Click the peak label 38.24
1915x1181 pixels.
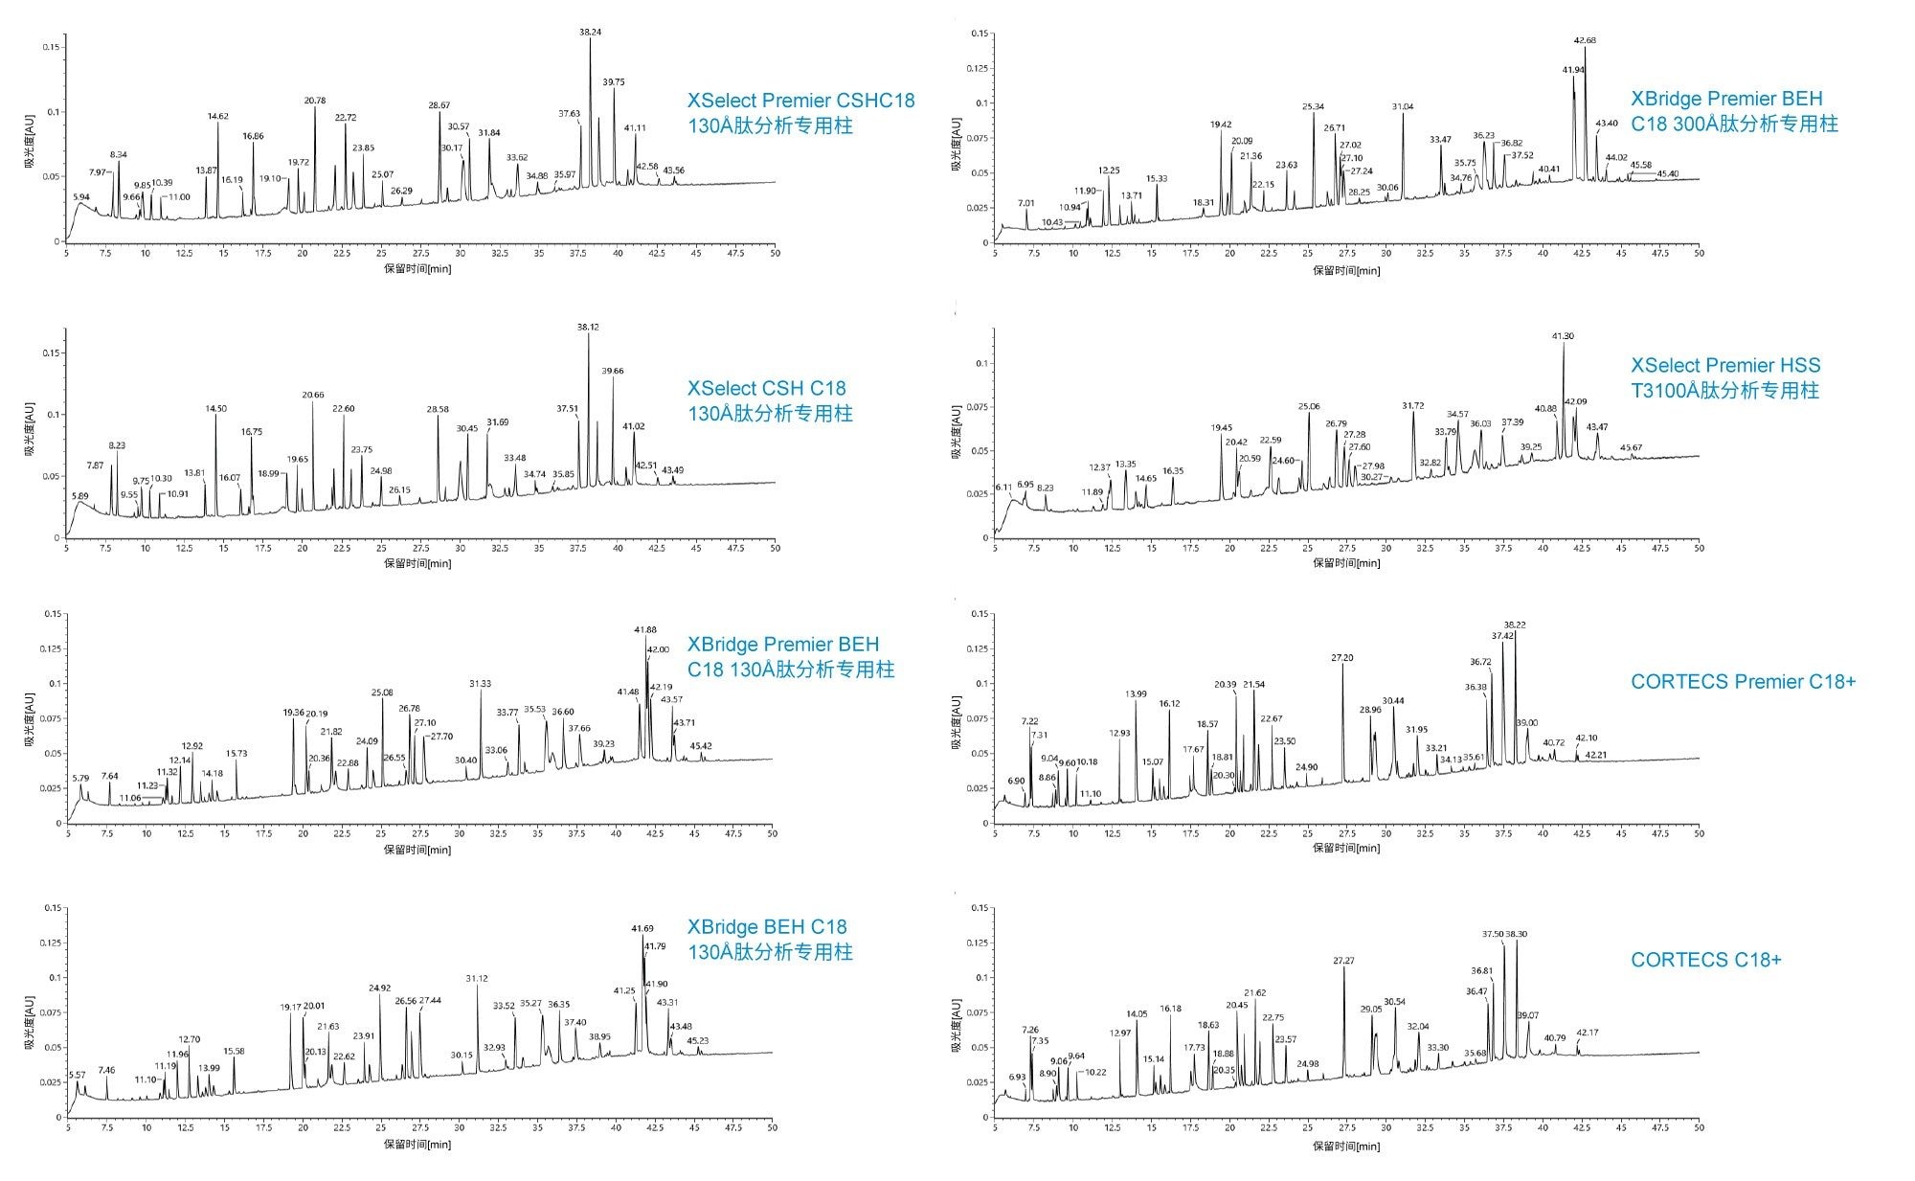(x=590, y=33)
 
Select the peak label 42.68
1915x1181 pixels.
(x=1585, y=40)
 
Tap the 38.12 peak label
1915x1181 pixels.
(x=588, y=327)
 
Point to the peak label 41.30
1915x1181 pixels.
(x=1562, y=336)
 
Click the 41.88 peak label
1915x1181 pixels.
(x=645, y=629)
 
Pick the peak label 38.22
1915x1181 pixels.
(x=1514, y=625)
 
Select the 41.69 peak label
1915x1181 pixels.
(x=642, y=928)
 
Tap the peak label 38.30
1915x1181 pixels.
(x=1516, y=934)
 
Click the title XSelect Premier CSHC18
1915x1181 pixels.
(x=800, y=101)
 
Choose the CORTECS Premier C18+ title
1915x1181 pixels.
(x=1743, y=682)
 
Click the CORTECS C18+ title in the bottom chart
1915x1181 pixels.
(x=1705, y=960)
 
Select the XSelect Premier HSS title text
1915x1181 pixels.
(x=1725, y=365)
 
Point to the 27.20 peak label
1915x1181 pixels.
(x=1342, y=658)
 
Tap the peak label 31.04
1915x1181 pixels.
(x=1403, y=106)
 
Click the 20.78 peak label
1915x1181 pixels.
(x=315, y=101)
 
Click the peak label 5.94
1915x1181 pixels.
(x=81, y=197)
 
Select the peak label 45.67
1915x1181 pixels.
(x=1631, y=447)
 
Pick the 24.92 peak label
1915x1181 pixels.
(x=379, y=988)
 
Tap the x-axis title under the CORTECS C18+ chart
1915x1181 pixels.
(x=1346, y=1146)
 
